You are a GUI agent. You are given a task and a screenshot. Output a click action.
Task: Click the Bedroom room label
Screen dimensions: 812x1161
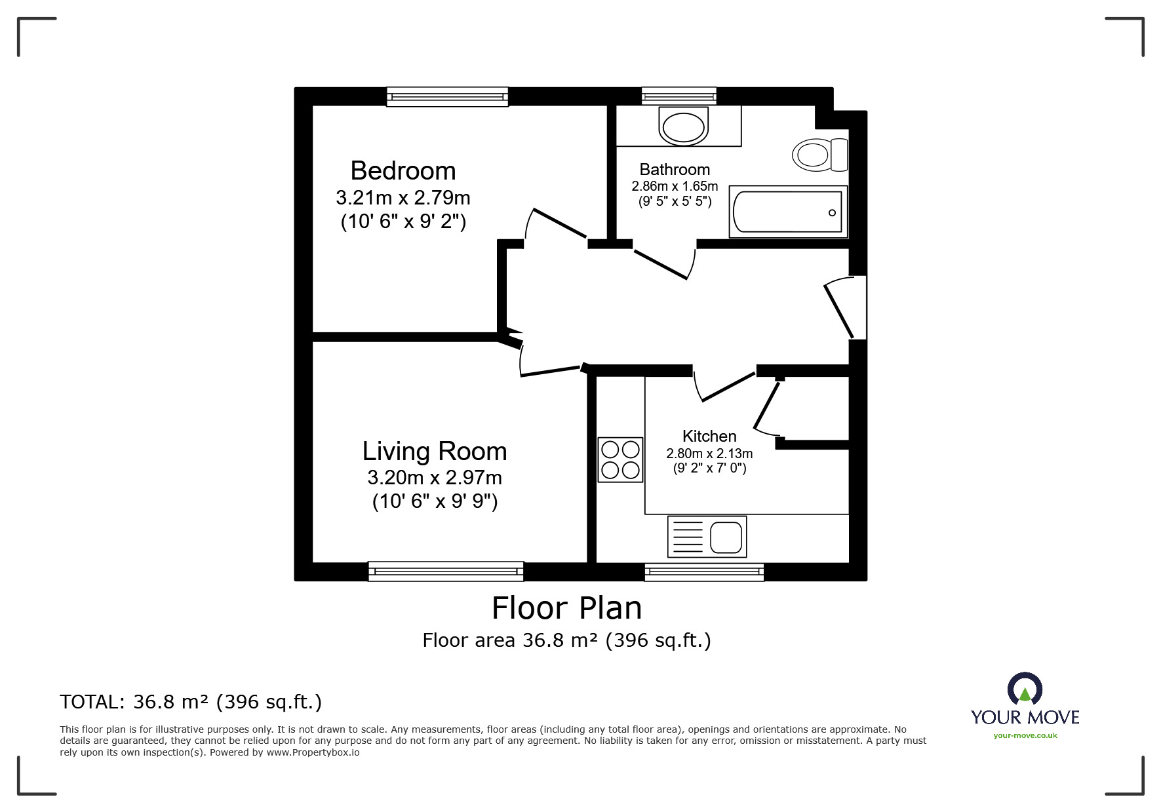click(403, 170)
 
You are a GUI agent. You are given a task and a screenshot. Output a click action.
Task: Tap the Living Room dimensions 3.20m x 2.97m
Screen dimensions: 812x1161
click(434, 477)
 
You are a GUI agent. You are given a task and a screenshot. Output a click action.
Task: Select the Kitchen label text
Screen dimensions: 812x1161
click(709, 436)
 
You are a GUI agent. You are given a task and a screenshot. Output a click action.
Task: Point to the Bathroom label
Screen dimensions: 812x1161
click(675, 170)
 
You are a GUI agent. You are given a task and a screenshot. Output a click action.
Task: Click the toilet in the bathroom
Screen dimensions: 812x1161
click(819, 155)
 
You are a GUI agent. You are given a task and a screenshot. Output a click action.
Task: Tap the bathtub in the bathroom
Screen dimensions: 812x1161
click(787, 212)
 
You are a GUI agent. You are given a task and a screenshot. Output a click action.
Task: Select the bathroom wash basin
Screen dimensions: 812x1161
click(682, 127)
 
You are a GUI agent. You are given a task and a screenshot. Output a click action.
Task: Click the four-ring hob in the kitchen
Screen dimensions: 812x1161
click(620, 459)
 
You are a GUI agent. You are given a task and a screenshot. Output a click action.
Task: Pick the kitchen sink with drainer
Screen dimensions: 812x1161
click(707, 537)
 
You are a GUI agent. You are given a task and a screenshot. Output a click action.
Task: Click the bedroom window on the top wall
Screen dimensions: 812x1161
click(447, 97)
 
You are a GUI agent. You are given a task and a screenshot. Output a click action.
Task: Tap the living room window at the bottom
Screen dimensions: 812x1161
click(446, 571)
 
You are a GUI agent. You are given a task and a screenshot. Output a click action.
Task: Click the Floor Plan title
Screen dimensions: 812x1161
click(566, 608)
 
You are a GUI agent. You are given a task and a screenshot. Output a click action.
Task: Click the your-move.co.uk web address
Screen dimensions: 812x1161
click(1025, 735)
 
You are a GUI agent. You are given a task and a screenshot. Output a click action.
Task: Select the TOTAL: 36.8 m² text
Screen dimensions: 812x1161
click(191, 702)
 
